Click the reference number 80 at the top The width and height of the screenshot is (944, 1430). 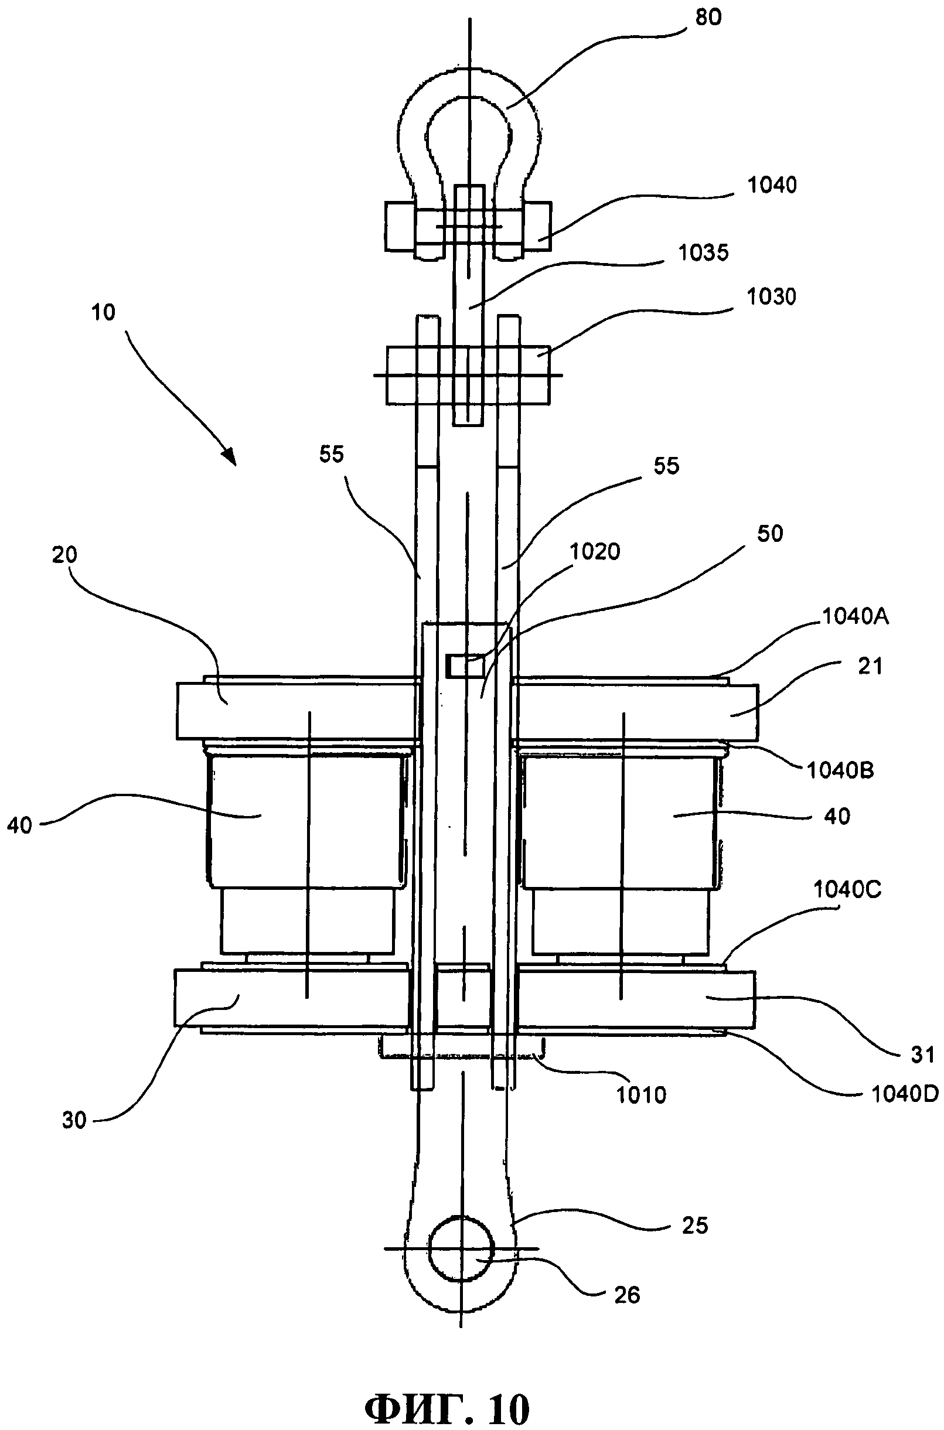(x=708, y=18)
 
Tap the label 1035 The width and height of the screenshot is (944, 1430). (x=703, y=252)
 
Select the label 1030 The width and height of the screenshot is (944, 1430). (x=771, y=296)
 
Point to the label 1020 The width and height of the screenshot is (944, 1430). (x=595, y=551)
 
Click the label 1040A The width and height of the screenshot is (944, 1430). (x=856, y=616)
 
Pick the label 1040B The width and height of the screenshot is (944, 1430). (x=840, y=770)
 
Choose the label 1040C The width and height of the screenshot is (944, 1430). (x=848, y=889)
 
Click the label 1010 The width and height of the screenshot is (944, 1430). (x=641, y=1095)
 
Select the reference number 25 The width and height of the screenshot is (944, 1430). (x=696, y=1226)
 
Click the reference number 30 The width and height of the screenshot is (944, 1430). (x=74, y=1120)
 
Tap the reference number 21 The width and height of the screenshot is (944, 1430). (x=870, y=666)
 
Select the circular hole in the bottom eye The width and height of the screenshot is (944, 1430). (x=461, y=1248)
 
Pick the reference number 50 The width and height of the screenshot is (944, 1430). (x=769, y=533)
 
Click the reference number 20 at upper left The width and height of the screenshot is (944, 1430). (x=64, y=554)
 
